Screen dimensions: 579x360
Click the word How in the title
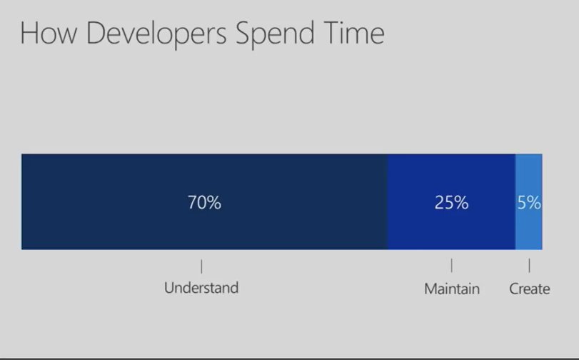pos(49,33)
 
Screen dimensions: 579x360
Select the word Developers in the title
pos(156,34)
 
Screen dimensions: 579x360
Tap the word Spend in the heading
pos(275,34)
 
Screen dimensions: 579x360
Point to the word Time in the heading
pos(354,33)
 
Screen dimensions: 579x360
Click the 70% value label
pos(204,203)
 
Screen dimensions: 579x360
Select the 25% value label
pos(451,203)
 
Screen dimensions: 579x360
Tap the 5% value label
pos(529,203)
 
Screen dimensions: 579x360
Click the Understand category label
pos(201,288)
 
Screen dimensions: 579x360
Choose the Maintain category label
pos(452,289)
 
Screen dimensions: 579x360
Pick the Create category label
pos(530,289)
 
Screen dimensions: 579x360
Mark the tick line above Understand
pos(201,266)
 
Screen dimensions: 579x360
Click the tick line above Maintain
pos(452,266)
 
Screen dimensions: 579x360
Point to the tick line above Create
pos(529,266)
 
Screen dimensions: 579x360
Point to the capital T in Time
pos(332,33)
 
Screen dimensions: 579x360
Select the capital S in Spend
pos(244,33)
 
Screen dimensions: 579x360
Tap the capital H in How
pos(29,33)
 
